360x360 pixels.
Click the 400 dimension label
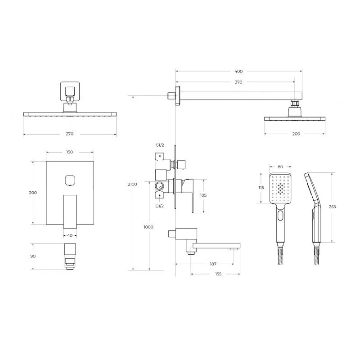coord(238,72)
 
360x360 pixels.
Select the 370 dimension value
coord(238,82)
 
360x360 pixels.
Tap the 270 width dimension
coord(70,134)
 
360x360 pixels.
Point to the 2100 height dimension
coord(132,184)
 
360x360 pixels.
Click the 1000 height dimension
coord(148,227)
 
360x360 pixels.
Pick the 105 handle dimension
coord(203,195)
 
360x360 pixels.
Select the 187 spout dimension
coord(213,264)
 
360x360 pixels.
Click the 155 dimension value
coord(218,274)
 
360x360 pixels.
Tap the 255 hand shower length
coord(332,207)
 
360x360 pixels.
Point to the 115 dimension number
coord(261,188)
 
